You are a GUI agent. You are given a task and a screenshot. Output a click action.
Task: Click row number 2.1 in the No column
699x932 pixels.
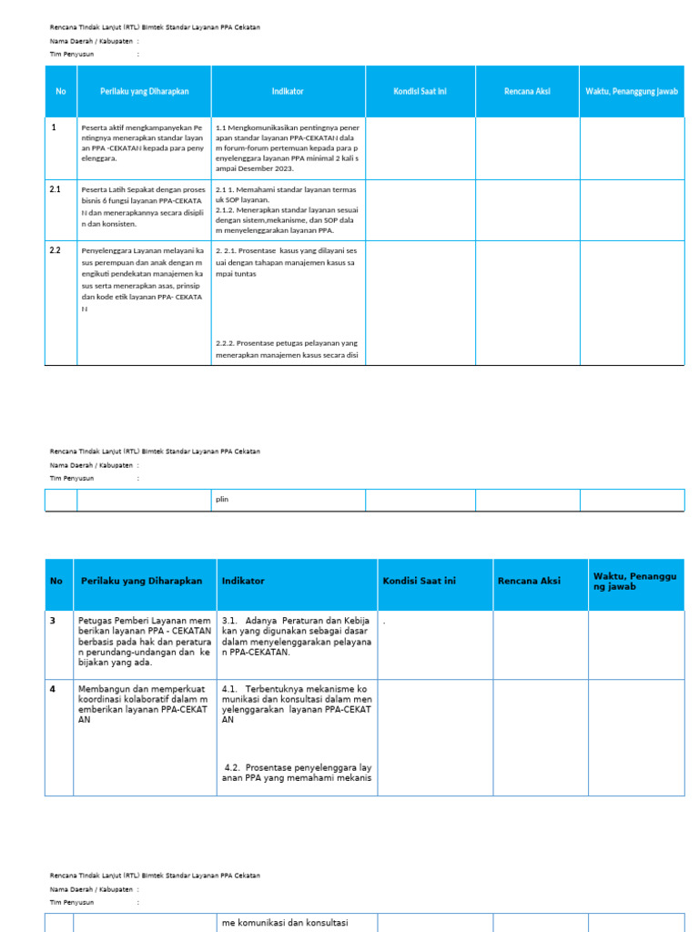[x=55, y=189]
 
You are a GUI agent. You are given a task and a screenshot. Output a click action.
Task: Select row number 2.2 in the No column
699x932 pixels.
[x=55, y=249]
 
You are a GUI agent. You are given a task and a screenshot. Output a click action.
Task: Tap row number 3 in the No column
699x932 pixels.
[x=54, y=619]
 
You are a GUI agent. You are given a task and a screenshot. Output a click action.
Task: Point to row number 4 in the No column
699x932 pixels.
[x=54, y=689]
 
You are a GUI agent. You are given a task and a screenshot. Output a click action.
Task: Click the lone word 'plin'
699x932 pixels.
[x=222, y=499]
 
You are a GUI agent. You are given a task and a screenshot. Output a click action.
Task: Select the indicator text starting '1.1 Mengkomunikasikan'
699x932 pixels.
[x=287, y=147]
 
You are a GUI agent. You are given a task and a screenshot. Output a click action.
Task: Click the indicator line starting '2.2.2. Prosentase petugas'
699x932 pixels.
[x=287, y=349]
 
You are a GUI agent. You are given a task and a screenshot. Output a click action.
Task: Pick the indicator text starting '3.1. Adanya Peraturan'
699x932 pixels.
[x=296, y=635]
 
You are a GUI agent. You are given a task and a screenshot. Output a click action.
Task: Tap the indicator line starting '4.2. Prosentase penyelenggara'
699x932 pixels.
[x=298, y=772]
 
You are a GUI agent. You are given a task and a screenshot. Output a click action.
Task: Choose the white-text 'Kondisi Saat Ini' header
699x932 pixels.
[x=420, y=91]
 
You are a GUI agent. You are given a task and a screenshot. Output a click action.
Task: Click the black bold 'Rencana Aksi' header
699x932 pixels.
[x=528, y=581]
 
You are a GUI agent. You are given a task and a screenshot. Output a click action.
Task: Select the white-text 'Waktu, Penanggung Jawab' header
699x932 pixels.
[x=631, y=91]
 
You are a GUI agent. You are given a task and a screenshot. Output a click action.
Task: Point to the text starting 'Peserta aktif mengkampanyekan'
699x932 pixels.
[x=143, y=143]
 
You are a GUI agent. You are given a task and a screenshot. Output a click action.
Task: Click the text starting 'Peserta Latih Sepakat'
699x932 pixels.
[x=143, y=206]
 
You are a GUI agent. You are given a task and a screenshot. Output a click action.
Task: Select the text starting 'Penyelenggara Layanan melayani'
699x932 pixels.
[x=143, y=279]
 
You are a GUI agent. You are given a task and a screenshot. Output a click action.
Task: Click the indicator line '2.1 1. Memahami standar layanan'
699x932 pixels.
[x=287, y=189]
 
